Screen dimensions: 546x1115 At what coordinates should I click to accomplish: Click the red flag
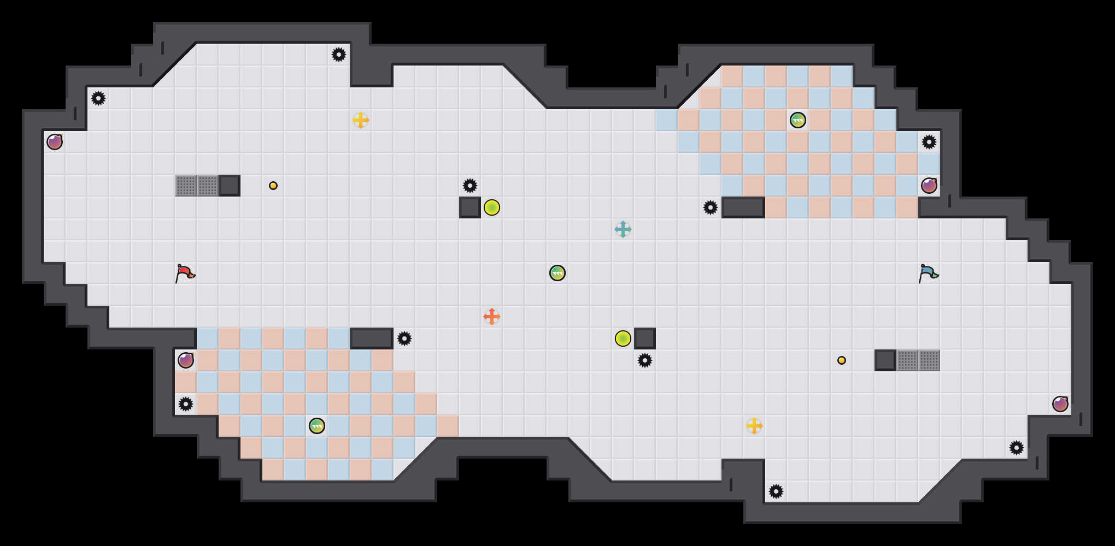(x=185, y=273)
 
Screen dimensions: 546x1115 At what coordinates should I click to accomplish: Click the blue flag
(x=928, y=273)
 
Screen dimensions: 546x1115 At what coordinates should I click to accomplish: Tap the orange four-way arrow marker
(x=492, y=317)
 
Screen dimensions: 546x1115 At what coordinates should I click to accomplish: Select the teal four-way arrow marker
(x=623, y=229)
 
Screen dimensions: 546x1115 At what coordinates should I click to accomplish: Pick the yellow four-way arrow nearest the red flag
(x=361, y=120)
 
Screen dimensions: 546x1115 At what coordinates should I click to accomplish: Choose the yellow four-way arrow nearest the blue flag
(x=754, y=426)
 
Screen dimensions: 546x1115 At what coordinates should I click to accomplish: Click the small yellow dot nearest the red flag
(x=273, y=186)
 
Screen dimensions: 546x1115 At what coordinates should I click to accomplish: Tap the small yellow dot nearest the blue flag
(x=842, y=360)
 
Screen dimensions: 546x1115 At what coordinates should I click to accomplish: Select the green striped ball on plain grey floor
(x=557, y=273)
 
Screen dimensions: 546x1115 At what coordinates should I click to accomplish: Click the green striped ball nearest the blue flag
(x=798, y=120)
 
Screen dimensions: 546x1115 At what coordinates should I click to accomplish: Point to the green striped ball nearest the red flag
(x=317, y=426)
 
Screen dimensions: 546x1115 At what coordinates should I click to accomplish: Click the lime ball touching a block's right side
(x=492, y=207)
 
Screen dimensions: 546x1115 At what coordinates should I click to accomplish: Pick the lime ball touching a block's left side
(x=623, y=339)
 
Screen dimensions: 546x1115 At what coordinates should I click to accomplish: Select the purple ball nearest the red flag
(x=186, y=360)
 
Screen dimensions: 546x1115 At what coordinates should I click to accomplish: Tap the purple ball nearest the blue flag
(x=929, y=186)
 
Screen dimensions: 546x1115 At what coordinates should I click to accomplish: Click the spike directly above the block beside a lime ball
(x=470, y=186)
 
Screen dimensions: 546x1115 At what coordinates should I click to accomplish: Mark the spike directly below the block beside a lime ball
(x=645, y=360)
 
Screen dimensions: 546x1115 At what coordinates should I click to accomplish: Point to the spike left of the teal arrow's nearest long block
(x=711, y=207)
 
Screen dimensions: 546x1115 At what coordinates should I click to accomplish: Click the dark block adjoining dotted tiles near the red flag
(x=230, y=186)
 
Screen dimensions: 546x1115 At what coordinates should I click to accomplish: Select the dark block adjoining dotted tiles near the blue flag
(x=885, y=360)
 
